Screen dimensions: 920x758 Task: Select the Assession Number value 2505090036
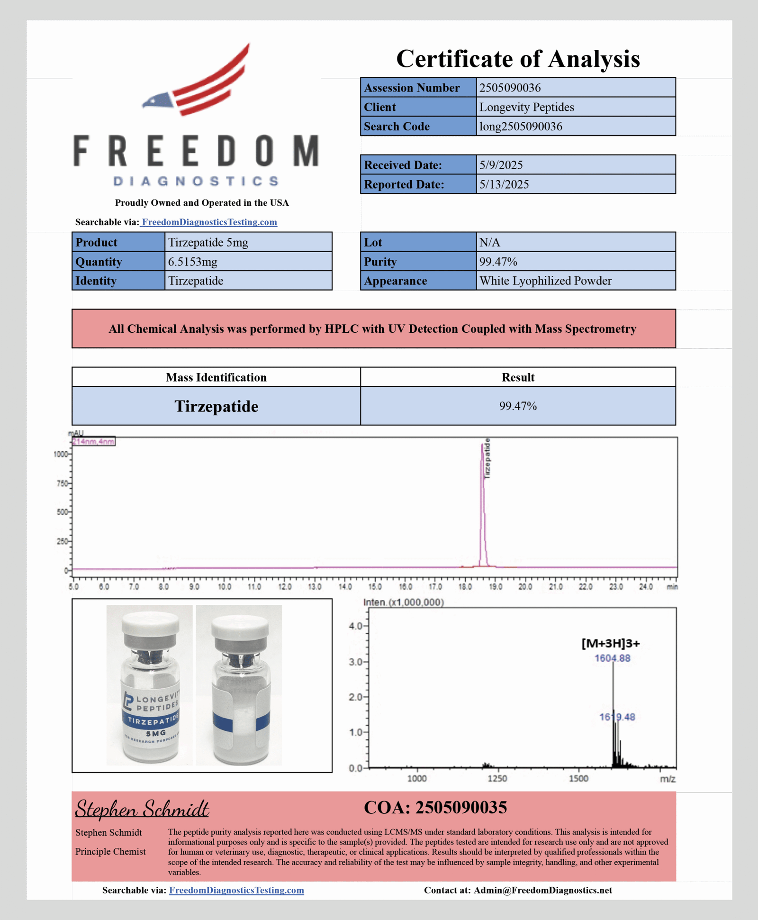coord(510,88)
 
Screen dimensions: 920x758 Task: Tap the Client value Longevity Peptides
coord(526,107)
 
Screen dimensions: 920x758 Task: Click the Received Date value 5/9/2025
coord(501,165)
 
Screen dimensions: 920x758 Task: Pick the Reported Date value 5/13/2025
coord(504,184)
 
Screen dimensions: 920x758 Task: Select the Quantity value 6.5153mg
coord(192,262)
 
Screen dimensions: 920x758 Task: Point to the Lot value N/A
coord(489,242)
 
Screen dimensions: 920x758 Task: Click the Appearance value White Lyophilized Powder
coord(545,281)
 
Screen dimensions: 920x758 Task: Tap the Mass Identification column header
coord(216,377)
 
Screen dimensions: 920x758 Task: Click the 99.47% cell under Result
coord(518,406)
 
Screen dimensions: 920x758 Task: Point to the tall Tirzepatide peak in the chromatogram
coord(483,502)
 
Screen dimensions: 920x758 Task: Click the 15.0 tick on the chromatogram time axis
coord(375,587)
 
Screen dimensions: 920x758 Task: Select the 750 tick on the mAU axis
coord(62,483)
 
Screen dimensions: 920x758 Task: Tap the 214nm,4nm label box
coord(93,442)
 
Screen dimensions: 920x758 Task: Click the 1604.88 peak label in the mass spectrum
coord(612,658)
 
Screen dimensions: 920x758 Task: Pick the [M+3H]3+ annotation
coord(610,643)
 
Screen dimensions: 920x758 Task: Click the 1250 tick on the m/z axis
coord(497,778)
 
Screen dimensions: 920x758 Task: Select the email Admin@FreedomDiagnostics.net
coord(542,890)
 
